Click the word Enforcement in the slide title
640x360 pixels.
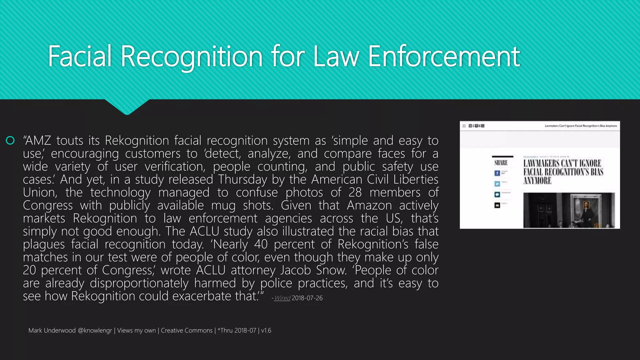444,56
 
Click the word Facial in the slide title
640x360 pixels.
80,56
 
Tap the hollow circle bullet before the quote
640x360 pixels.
10,141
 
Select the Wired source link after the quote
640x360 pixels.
282,298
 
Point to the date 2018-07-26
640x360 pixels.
307,298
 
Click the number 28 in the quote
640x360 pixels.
355,192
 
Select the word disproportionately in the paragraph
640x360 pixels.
139,283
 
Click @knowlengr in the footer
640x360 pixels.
95,331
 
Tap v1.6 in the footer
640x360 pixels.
266,331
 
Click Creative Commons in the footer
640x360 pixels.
187,331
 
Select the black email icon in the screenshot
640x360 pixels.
497,205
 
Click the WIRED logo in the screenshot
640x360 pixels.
477,126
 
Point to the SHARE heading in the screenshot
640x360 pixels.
501,163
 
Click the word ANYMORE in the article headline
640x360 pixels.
537,181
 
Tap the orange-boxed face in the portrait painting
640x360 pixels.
586,205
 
